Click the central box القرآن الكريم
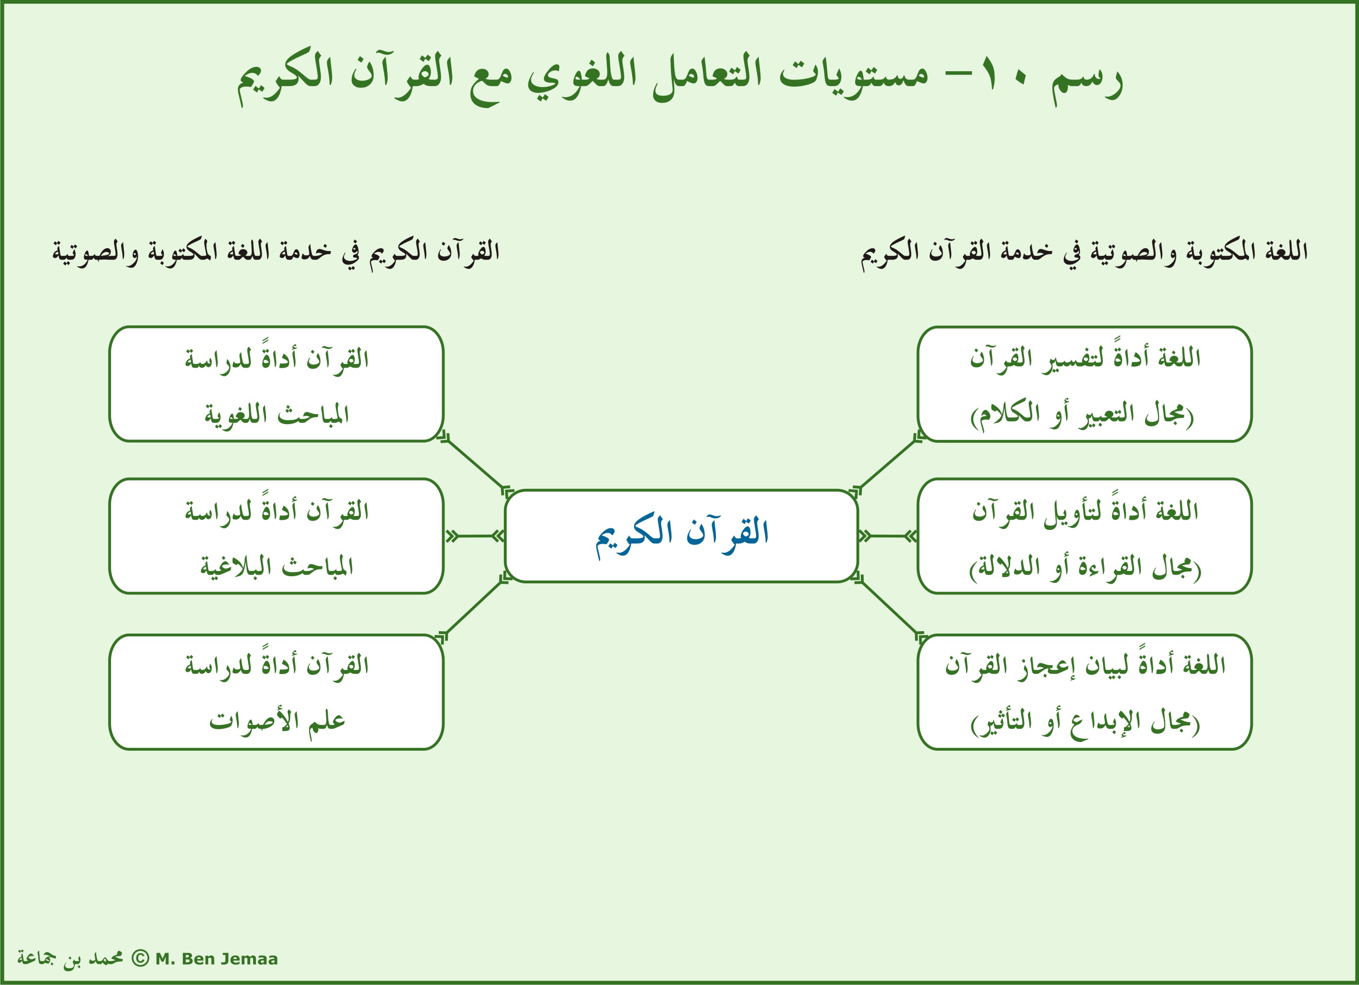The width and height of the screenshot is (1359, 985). (681, 536)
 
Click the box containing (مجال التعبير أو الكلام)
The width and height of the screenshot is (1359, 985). (1084, 384)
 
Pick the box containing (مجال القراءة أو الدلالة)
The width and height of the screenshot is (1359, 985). (1084, 536)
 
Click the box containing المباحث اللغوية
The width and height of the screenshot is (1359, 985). (276, 384)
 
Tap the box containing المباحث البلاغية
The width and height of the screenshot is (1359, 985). (276, 536)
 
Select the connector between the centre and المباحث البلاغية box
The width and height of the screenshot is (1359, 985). (475, 536)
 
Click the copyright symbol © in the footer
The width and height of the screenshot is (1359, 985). (140, 958)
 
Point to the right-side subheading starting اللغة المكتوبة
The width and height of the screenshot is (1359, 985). (1084, 252)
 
